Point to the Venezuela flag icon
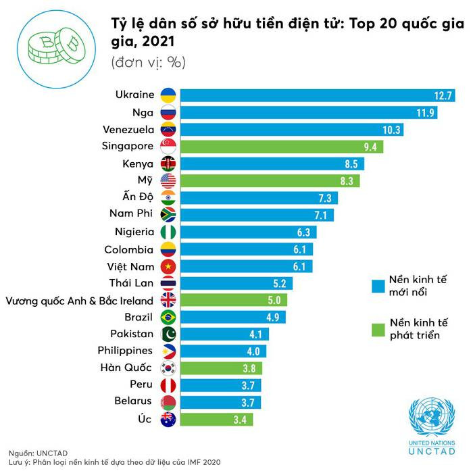[x=168, y=129]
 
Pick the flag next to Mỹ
[x=168, y=180]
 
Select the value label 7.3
[x=325, y=198]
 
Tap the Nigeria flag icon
[x=168, y=232]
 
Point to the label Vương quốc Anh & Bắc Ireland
[x=80, y=301]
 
